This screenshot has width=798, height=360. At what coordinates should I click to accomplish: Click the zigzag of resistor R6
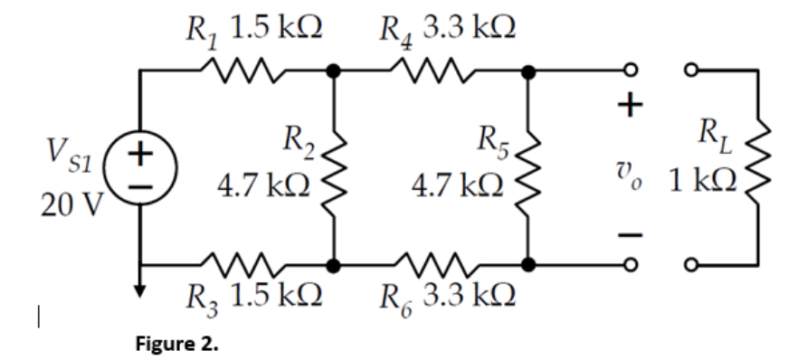coord(432,266)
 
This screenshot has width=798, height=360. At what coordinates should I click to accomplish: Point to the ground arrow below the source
coord(140,288)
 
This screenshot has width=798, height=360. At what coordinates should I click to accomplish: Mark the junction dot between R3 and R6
coord(335,266)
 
